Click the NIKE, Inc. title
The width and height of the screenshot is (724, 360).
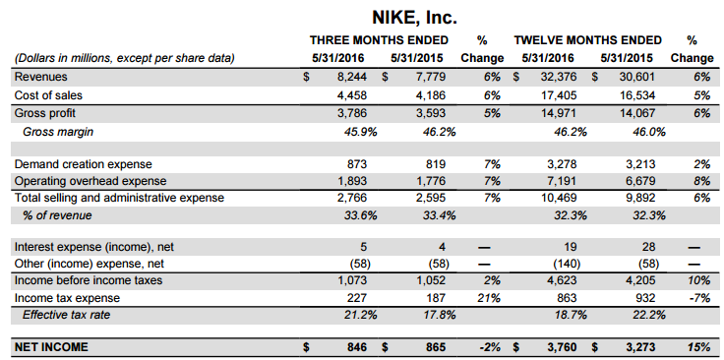(x=414, y=18)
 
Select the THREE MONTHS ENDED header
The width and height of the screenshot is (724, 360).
(x=379, y=40)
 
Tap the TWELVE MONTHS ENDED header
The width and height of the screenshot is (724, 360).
(x=588, y=40)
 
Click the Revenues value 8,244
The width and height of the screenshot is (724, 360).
(x=352, y=77)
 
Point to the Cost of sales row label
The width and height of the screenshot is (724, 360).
(x=48, y=95)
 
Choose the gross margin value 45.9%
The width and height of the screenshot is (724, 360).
(x=361, y=132)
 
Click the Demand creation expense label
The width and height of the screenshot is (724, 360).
(x=83, y=164)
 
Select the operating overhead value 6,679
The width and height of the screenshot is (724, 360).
(x=640, y=181)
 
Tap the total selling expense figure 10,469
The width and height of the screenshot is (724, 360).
(x=559, y=198)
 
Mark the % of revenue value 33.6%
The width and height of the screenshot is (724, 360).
(x=361, y=215)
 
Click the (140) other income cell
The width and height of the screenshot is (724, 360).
(x=567, y=264)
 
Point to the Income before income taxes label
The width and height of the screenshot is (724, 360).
(x=89, y=280)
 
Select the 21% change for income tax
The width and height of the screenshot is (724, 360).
(x=490, y=298)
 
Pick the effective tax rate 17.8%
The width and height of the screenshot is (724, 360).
(x=439, y=315)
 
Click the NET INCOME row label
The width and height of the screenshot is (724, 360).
(x=51, y=347)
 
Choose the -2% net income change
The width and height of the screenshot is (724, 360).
(x=490, y=347)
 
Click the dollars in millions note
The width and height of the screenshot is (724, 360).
(x=125, y=59)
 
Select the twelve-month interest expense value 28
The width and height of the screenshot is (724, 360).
(x=648, y=248)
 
